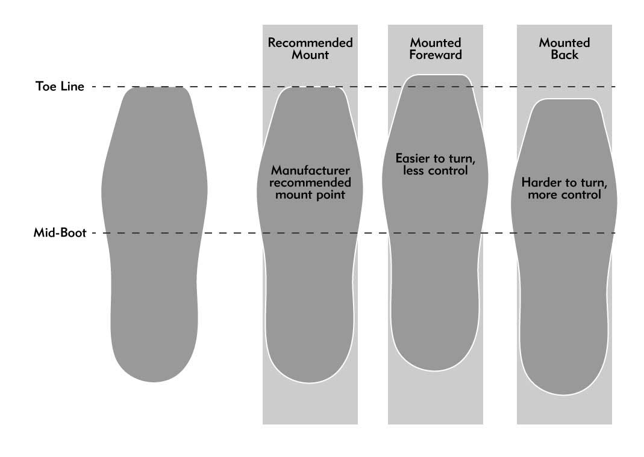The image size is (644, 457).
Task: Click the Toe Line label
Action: point(60,86)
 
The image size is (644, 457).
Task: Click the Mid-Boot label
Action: point(60,232)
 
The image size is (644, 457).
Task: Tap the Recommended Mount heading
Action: point(310,49)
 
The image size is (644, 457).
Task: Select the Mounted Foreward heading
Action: point(436,49)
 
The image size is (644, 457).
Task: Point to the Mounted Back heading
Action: point(564,49)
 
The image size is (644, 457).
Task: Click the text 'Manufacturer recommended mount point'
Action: point(310,182)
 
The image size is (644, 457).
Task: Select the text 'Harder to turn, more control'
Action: point(564,188)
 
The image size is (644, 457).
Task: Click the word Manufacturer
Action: point(310,170)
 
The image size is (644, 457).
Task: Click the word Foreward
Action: point(436,55)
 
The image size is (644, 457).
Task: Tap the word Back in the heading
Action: point(564,55)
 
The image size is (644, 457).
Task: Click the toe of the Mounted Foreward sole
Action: point(436,84)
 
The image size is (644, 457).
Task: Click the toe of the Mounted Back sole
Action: point(564,108)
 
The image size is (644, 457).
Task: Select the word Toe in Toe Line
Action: point(45,86)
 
